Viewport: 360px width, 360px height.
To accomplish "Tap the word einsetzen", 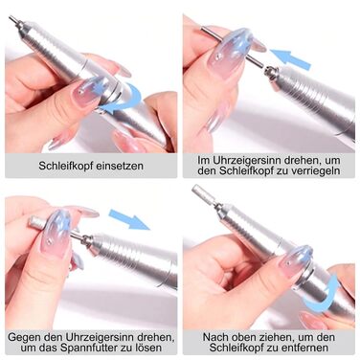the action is coord(122,166).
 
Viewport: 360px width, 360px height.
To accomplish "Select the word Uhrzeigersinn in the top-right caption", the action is coord(246,160).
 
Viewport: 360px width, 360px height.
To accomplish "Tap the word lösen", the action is coord(149,348).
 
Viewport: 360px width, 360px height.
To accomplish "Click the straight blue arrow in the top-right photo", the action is coord(290,59).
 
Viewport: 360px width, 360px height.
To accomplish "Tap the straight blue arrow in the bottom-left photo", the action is coord(129,219).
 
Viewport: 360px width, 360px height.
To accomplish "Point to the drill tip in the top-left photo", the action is coord(13,19).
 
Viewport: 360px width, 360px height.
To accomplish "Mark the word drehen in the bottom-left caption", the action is coord(155,337).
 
